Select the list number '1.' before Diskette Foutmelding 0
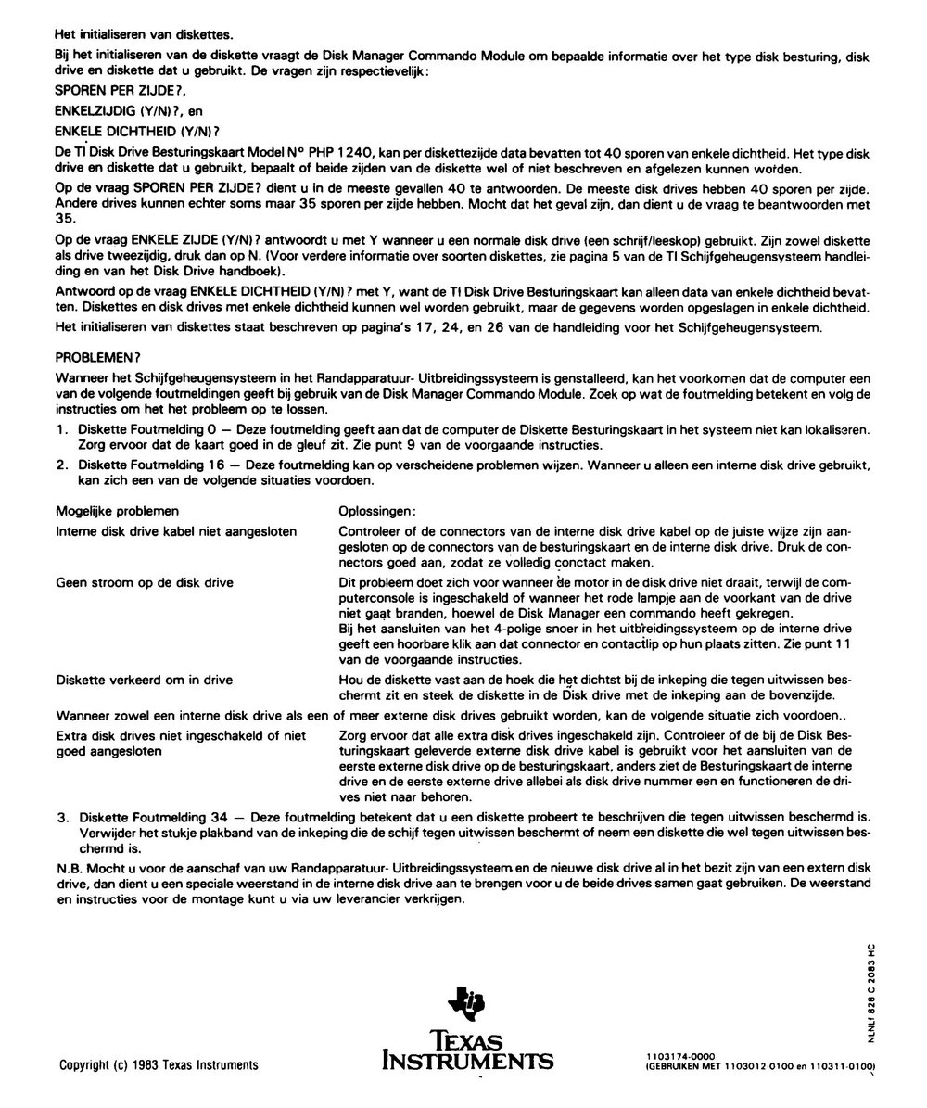(62, 430)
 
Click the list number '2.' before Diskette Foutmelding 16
(62, 464)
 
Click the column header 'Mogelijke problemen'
(118, 511)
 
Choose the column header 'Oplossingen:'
(377, 511)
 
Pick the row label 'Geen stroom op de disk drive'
(145, 582)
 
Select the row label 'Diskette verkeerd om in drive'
(145, 681)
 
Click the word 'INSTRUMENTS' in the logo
(468, 1060)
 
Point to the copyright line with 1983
(159, 1064)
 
